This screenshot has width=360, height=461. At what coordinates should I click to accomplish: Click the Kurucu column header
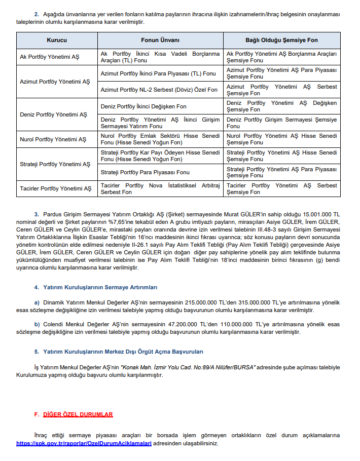57,40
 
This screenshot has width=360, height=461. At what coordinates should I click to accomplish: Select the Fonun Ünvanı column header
160,40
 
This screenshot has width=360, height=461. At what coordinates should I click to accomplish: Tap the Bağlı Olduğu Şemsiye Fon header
282,40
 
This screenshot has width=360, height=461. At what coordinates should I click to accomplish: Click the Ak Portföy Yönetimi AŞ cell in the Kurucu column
50,57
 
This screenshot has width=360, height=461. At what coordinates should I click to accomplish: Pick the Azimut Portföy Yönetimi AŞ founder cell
55,82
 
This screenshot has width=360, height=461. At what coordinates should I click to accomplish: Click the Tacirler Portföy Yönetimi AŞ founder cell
56,188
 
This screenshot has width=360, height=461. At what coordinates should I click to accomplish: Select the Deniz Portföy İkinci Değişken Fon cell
143,106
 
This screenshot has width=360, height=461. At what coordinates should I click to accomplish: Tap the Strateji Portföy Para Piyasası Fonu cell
145,172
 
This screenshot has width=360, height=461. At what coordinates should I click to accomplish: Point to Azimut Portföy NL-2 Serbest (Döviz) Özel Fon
159,90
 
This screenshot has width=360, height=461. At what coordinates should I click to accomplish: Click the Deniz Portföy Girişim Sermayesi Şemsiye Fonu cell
281,123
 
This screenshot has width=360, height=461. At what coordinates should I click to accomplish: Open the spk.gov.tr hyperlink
84,443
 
